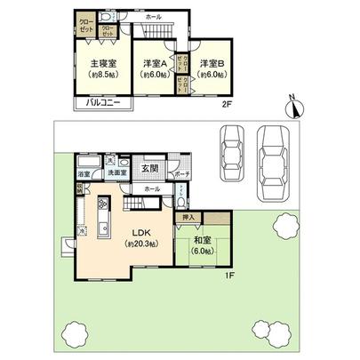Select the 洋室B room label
click(211, 64)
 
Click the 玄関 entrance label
click(150, 166)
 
